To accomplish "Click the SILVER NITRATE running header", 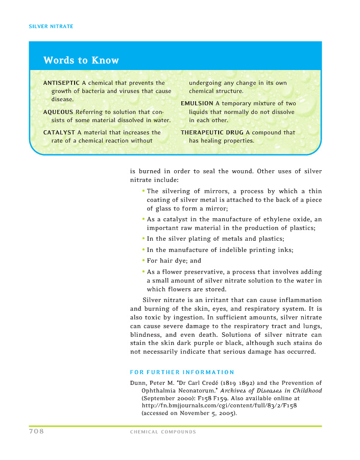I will click(51, 26).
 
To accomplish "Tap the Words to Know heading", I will click(81, 60).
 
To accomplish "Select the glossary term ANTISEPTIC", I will click(61, 83).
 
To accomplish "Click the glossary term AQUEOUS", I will click(58, 112).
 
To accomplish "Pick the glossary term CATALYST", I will click(59, 132).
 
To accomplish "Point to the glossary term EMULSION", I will click(197, 104).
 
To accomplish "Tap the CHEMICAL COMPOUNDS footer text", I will click(163, 432).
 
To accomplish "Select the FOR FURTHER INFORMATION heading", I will click(182, 372).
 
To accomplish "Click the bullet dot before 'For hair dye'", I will click(143, 260).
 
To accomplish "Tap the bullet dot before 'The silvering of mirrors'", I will click(143, 191).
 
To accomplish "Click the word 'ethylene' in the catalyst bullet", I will click(283, 219).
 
